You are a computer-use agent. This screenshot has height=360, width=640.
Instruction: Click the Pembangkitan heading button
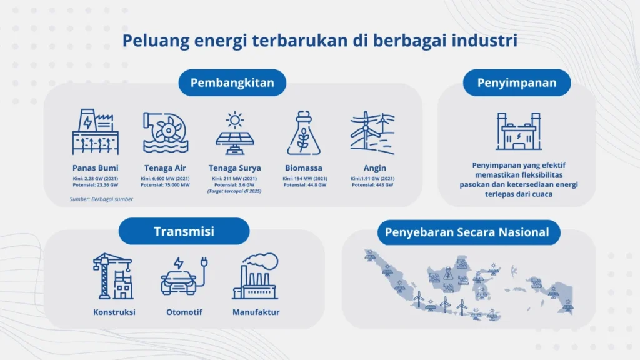coord(232,82)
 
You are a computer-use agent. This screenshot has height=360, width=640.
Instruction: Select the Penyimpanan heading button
coord(517,82)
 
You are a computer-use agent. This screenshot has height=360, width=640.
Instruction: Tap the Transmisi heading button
coord(184,231)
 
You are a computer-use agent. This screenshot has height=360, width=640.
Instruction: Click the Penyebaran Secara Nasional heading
coord(467,232)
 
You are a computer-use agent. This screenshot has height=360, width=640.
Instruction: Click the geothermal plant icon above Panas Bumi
coord(95,132)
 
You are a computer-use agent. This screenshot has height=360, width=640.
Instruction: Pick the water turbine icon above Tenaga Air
coord(165,132)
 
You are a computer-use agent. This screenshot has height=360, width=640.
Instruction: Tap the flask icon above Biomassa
coord(304,132)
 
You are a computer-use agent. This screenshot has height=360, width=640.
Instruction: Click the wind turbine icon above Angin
coord(373,133)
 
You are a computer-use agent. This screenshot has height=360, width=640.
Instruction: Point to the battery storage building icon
coord(517,132)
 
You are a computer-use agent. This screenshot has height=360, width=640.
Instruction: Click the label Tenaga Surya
coord(235,168)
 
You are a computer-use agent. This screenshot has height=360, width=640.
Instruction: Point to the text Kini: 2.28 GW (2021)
coord(95,178)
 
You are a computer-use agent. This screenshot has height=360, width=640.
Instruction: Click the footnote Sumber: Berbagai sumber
coord(101,199)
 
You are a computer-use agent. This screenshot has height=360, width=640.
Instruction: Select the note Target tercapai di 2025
coord(235,192)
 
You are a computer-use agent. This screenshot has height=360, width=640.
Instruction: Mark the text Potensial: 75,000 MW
coord(165,185)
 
